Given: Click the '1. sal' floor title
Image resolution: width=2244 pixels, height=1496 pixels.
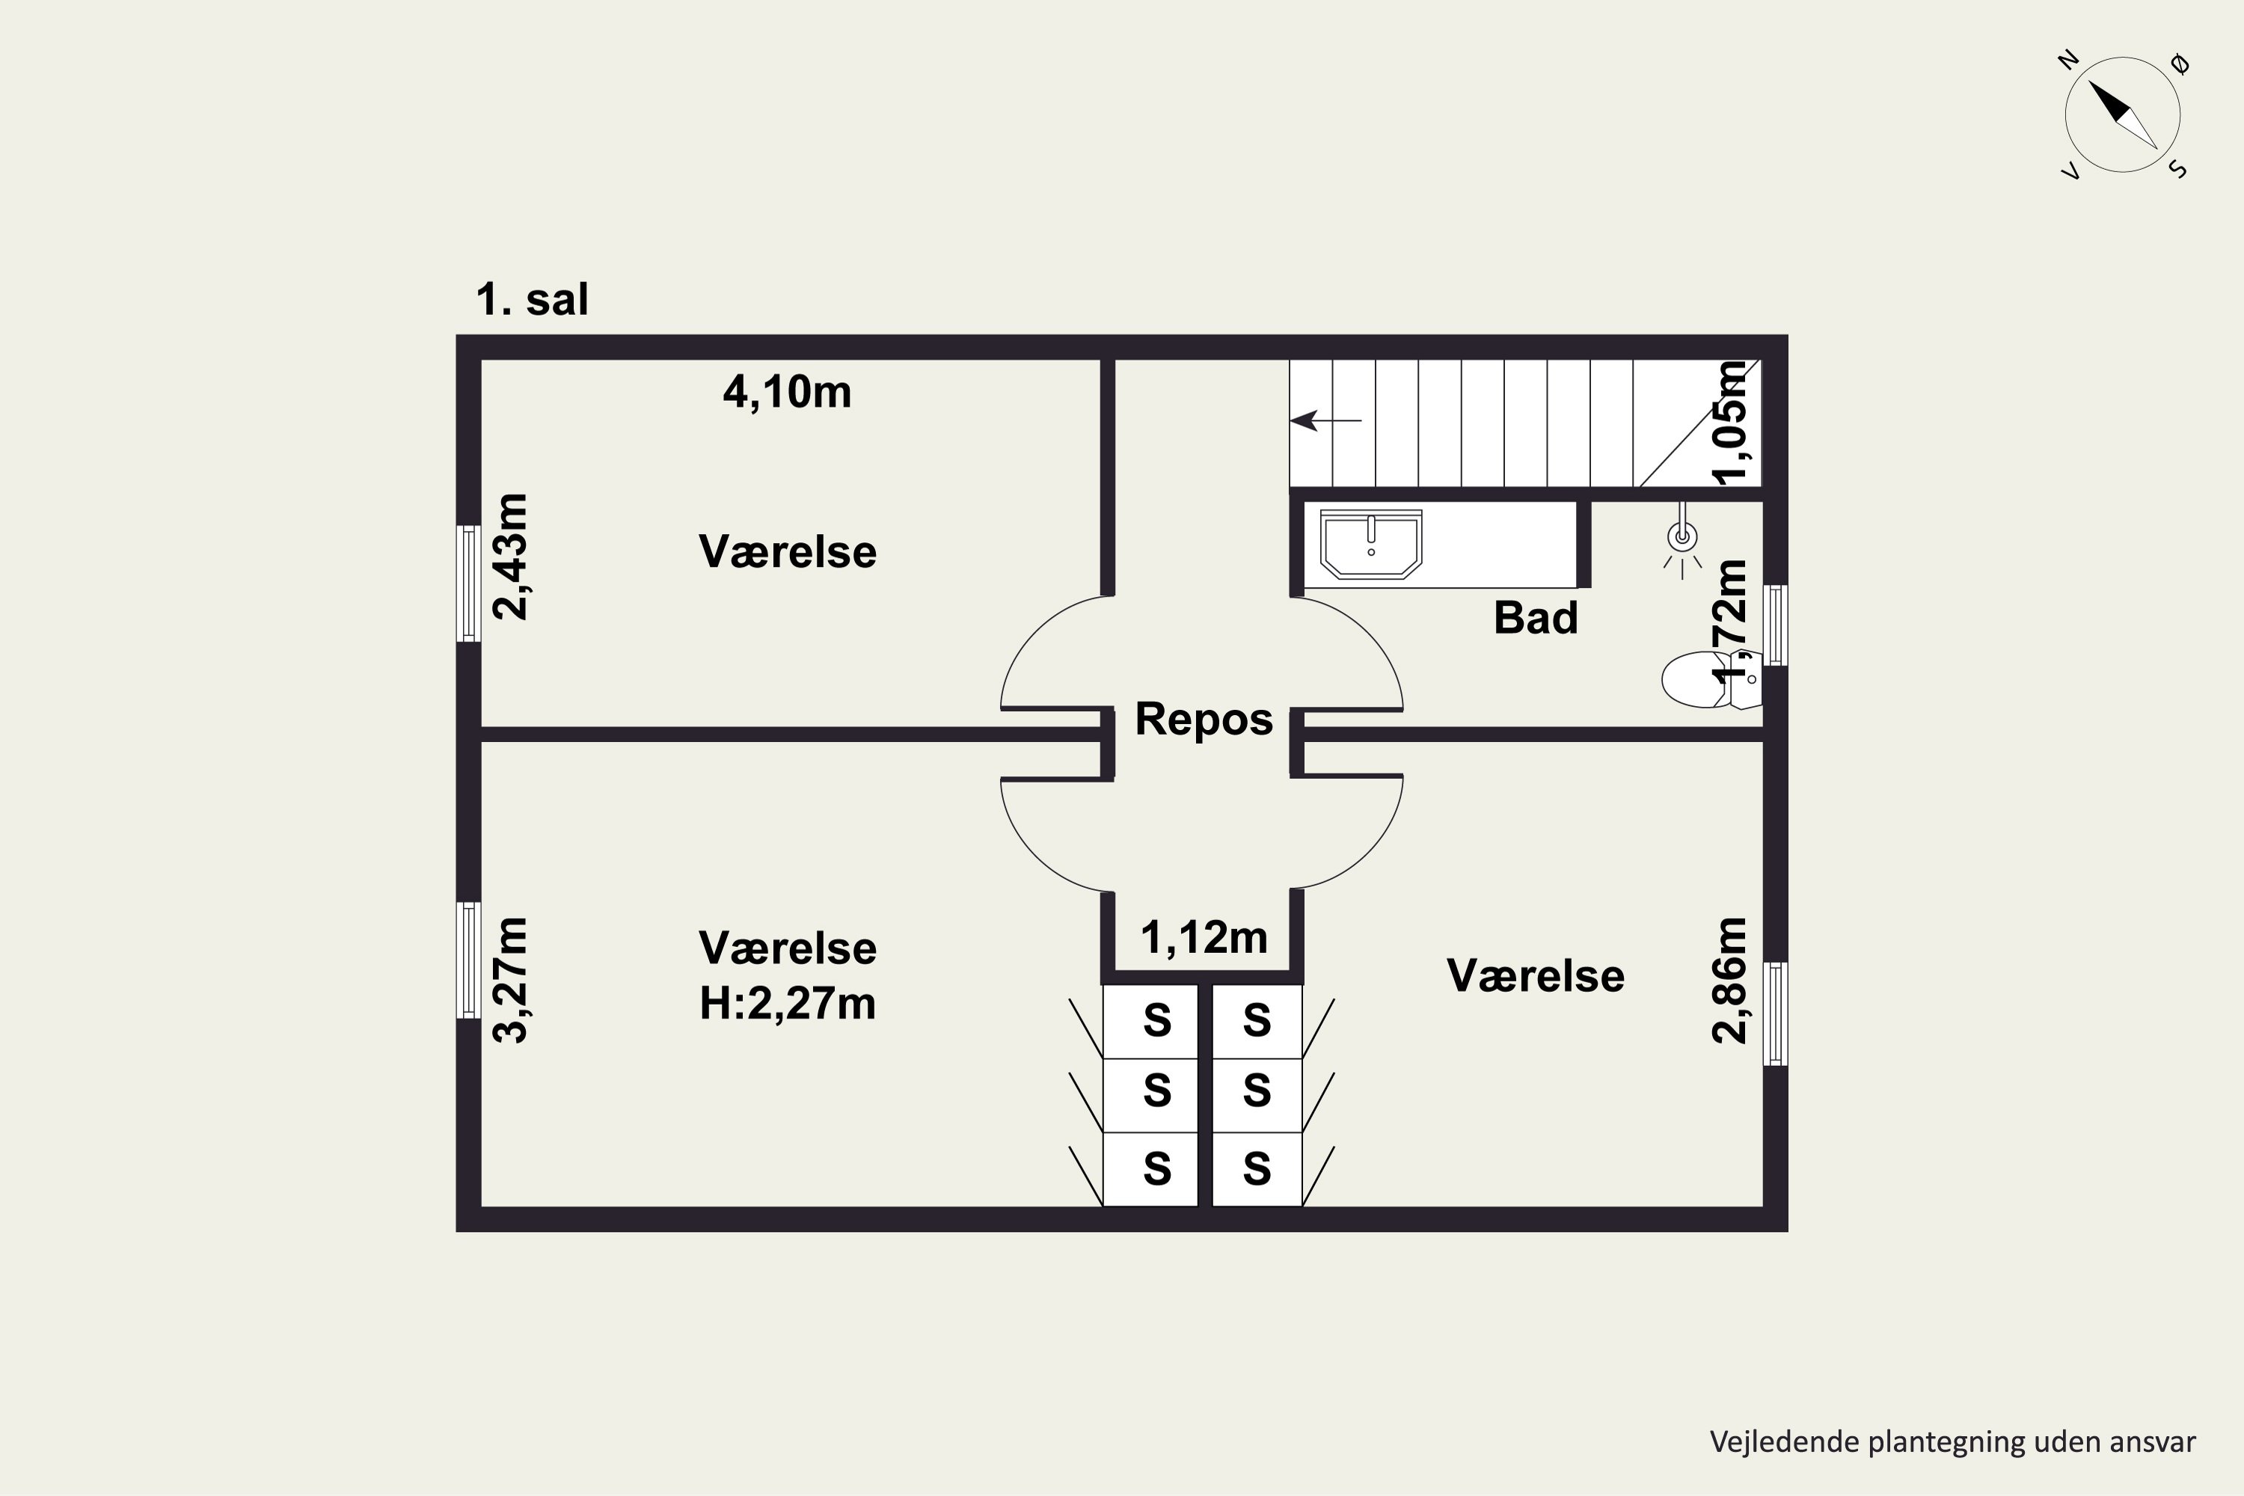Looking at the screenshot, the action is pyautogui.click(x=531, y=300).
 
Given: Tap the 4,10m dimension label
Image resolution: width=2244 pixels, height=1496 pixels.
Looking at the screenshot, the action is pyautogui.click(x=787, y=392).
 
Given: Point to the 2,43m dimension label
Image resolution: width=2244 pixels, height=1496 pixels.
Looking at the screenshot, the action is pyautogui.click(x=510, y=557).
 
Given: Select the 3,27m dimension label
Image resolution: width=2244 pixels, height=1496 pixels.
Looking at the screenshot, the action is pyautogui.click(x=510, y=980).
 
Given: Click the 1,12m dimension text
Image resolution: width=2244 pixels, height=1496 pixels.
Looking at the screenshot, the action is pyautogui.click(x=1204, y=938).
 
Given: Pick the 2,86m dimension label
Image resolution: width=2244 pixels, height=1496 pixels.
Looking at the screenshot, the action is pyautogui.click(x=1729, y=980).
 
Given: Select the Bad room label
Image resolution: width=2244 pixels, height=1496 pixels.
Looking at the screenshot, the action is pyautogui.click(x=1535, y=617).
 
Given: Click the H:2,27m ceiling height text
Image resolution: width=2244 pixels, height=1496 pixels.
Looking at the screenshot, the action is pyautogui.click(x=787, y=1004).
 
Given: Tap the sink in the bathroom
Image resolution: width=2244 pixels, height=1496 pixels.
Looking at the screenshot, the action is pyautogui.click(x=1371, y=544).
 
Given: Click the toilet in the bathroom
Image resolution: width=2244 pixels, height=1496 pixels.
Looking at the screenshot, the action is pyautogui.click(x=1711, y=679).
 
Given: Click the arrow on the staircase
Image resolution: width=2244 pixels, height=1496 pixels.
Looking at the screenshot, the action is pyautogui.click(x=1326, y=420).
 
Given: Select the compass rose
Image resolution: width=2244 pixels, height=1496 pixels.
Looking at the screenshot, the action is pyautogui.click(x=2123, y=114).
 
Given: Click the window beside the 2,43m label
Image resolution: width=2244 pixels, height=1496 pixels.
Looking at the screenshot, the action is pyautogui.click(x=468, y=583).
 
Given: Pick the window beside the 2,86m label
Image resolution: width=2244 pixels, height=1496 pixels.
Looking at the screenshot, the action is pyautogui.click(x=1776, y=1014).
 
